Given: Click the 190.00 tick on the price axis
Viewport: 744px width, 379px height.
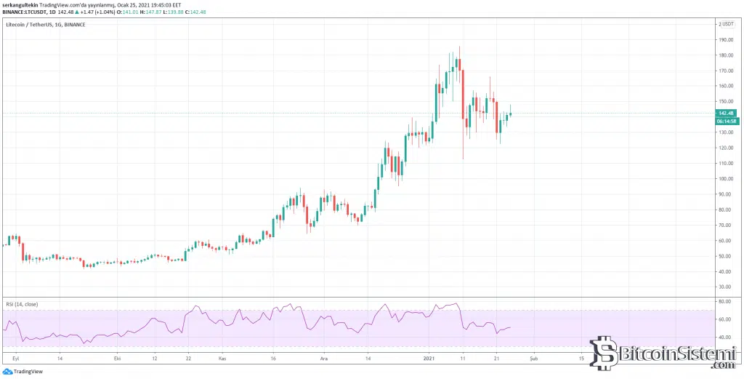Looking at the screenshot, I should (724, 39).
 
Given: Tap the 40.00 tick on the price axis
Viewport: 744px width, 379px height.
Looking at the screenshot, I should (724, 272).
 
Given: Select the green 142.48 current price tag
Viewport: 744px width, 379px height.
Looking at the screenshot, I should (727, 113).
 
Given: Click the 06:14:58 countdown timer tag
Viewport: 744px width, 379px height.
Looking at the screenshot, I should (727, 121).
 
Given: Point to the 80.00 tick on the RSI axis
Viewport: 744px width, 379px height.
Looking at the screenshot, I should (724, 302).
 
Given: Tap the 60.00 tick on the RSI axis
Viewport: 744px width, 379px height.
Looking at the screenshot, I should (724, 319).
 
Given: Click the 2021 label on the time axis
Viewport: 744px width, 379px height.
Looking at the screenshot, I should (429, 359).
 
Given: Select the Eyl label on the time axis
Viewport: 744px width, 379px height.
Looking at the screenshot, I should (15, 359).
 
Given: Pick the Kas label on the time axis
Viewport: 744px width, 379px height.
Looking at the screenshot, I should (223, 359).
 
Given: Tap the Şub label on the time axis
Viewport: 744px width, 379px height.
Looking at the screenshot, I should (534, 359).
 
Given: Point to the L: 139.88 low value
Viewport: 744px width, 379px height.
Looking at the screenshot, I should (173, 12).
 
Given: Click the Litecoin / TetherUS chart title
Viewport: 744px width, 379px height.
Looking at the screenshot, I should (27, 25).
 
